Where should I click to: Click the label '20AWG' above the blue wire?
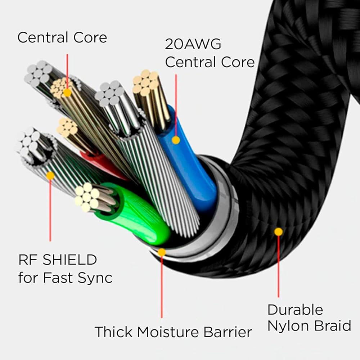[193, 44]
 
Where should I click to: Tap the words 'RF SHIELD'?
[58, 260]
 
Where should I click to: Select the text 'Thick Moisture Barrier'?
[173, 332]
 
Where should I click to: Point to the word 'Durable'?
[295, 310]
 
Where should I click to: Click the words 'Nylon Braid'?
[309, 326]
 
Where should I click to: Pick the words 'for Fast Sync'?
[65, 278]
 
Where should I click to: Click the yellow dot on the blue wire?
[176, 140]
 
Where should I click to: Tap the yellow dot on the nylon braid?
[278, 232]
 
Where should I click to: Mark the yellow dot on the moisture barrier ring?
[162, 252]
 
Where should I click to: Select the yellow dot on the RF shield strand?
[50, 176]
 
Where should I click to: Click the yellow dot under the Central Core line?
[67, 93]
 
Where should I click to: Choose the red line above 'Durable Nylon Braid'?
[278, 266]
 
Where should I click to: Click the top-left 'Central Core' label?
[62, 37]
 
